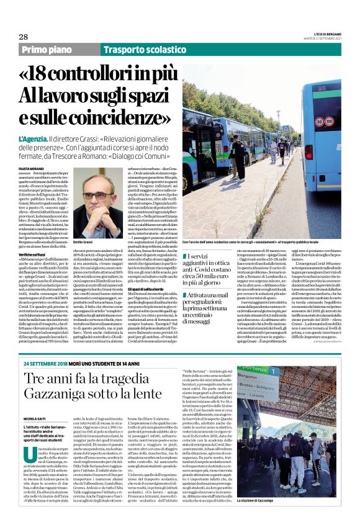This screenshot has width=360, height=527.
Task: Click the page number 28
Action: [x=23, y=37]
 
